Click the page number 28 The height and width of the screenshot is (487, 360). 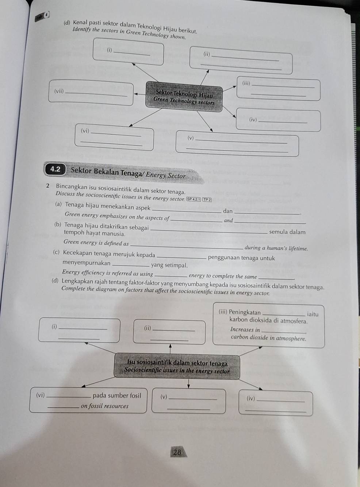(x=177, y=452)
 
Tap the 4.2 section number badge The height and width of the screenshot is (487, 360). (x=56, y=169)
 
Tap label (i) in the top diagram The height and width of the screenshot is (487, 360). (x=109, y=50)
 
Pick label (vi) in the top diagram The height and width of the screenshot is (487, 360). (x=85, y=131)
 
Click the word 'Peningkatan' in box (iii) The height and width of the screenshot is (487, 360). (x=245, y=312)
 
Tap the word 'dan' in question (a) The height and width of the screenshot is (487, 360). (x=228, y=211)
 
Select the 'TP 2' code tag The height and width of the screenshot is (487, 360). (x=207, y=199)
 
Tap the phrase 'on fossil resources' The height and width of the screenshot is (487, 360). (x=104, y=406)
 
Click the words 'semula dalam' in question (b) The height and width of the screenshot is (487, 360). (x=287, y=232)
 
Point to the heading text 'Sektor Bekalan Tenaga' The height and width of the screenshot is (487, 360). (x=107, y=171)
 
